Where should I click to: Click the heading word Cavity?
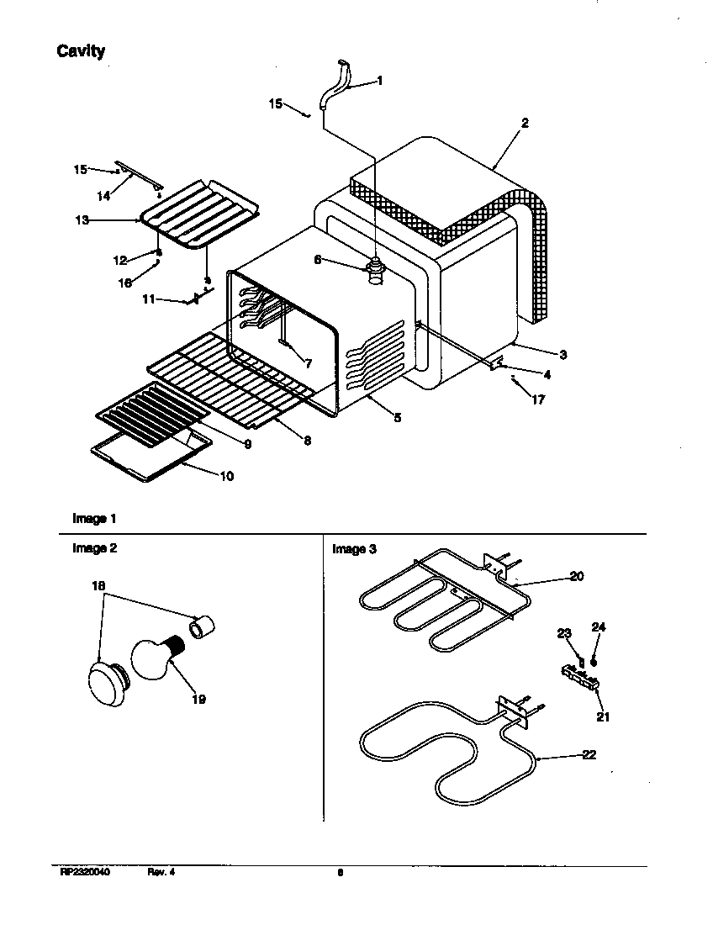tap(81, 51)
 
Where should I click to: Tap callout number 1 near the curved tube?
tap(379, 81)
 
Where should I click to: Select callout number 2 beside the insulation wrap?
tap(525, 123)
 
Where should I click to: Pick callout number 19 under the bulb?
tap(198, 699)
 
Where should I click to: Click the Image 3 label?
tap(354, 549)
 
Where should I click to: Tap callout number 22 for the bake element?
tap(589, 754)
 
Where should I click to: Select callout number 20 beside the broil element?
tap(576, 576)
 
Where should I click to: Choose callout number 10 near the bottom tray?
tap(226, 476)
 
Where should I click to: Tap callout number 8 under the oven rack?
tap(308, 441)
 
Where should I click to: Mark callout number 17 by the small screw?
tap(538, 400)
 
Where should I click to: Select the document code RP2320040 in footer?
tap(84, 872)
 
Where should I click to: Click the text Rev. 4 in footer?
tap(161, 872)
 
